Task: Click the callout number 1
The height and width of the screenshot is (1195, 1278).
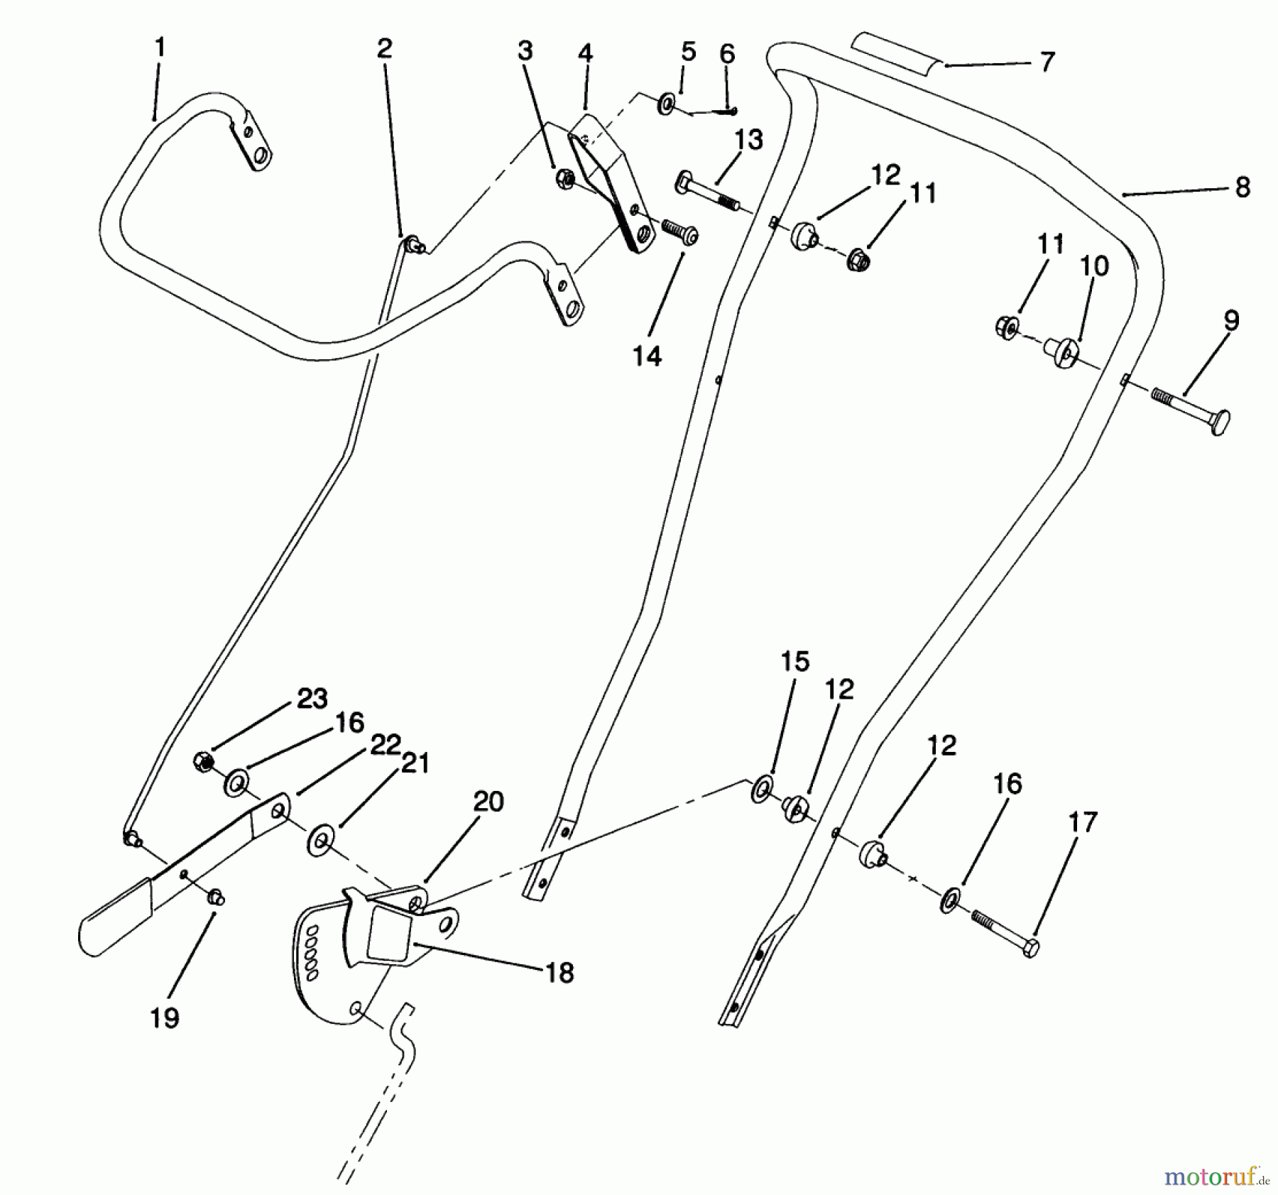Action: pyautogui.click(x=160, y=48)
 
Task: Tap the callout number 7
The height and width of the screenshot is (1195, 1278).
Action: pyautogui.click(x=1047, y=62)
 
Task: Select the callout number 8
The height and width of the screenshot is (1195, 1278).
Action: pyautogui.click(x=1242, y=187)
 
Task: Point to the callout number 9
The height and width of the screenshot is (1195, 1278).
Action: pyautogui.click(x=1232, y=320)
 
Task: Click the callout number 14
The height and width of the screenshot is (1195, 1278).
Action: pyautogui.click(x=647, y=356)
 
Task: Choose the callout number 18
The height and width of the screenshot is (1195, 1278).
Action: pyautogui.click(x=560, y=973)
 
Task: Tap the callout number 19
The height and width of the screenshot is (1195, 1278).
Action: pyautogui.click(x=165, y=1018)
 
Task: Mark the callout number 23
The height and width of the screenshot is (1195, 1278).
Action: pyautogui.click(x=312, y=699)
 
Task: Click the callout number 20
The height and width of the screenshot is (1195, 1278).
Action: pyautogui.click(x=488, y=802)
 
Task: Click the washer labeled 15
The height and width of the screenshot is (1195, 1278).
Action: pyautogui.click(x=763, y=790)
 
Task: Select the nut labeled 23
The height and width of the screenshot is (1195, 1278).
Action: pyautogui.click(x=204, y=762)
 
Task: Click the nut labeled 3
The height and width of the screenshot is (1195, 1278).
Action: pyautogui.click(x=565, y=176)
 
